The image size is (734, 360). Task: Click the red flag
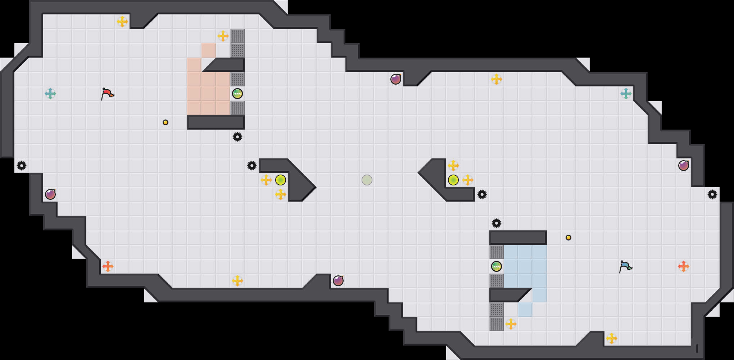click(107, 94)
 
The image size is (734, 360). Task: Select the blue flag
click(625, 266)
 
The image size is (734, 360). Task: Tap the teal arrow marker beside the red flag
click(50, 94)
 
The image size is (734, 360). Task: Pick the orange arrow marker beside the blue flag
click(684, 266)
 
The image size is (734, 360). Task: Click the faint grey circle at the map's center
click(367, 180)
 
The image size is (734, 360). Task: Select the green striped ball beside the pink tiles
click(237, 94)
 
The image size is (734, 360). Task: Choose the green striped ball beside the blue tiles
click(497, 266)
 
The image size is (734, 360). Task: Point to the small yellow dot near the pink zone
click(166, 122)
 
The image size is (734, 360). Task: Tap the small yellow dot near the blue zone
click(568, 238)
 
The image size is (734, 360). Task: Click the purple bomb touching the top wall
click(396, 79)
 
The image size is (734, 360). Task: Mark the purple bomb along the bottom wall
click(338, 281)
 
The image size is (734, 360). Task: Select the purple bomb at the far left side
click(50, 194)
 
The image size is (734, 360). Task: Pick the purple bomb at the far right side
click(684, 166)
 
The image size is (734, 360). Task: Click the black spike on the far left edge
click(22, 166)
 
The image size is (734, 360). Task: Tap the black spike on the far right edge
click(712, 194)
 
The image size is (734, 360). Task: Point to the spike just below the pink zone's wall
click(237, 137)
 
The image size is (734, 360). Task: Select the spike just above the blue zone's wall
click(497, 223)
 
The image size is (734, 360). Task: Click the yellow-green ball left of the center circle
click(281, 180)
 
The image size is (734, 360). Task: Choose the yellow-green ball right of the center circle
click(453, 180)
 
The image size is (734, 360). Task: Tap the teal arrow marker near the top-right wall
click(626, 94)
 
